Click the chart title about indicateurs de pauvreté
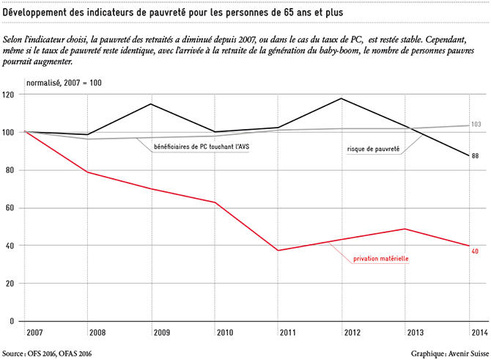[173, 12]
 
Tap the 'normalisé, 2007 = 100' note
[64, 83]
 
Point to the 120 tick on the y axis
[8, 95]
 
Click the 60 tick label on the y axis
[10, 208]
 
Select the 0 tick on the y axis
[12, 321]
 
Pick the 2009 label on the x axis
[162, 332]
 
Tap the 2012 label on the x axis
[352, 332]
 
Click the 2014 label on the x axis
[480, 332]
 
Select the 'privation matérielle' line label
[381, 259]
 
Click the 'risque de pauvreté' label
[373, 149]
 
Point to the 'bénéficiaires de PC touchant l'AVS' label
[202, 147]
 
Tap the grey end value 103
[476, 125]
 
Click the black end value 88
[475, 155]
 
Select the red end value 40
[475, 251]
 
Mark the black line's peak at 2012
[342, 98]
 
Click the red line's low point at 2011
[278, 250]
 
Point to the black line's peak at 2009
[152, 103]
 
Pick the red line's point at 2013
[405, 229]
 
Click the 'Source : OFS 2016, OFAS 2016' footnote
[47, 353]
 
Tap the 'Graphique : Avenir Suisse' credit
[450, 353]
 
